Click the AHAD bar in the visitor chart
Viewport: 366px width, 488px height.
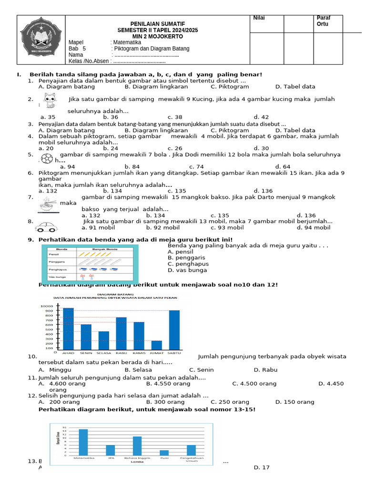click(68, 328)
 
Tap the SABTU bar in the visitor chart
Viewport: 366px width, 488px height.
click(174, 330)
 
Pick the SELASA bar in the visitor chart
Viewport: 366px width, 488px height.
click(103, 340)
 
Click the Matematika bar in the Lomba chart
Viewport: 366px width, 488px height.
click(83, 442)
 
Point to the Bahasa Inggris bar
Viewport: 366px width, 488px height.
click(137, 445)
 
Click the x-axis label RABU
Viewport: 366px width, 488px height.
click(121, 353)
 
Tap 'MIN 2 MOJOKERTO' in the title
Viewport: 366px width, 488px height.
click(158, 36)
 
